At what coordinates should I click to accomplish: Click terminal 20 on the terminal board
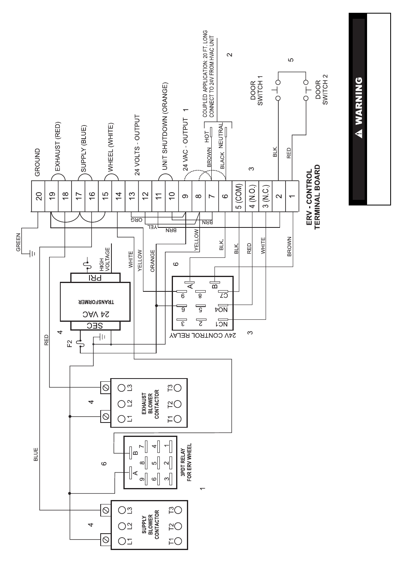[x=38, y=196]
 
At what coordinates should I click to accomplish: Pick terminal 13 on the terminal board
[x=132, y=196]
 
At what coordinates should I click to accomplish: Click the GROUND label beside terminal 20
[x=38, y=163]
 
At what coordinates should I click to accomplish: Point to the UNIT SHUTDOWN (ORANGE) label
[x=165, y=126]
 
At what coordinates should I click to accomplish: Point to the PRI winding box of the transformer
[x=95, y=278]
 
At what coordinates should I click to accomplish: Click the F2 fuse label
[x=71, y=343]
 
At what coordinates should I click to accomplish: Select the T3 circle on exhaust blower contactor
[x=177, y=388]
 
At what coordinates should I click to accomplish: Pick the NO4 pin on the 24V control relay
[x=222, y=309]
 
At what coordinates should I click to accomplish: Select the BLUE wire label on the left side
[x=36, y=454]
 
